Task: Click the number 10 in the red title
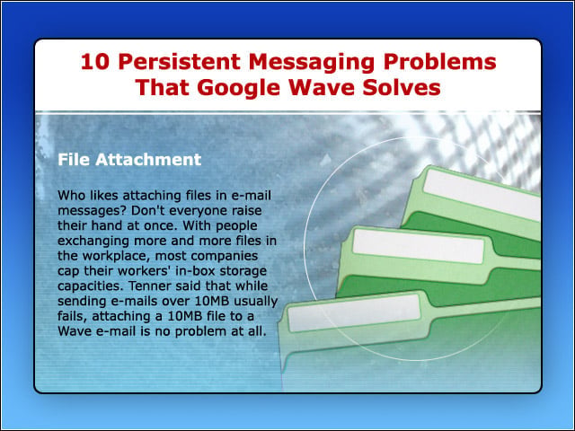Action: pos(95,61)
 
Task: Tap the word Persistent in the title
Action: pos(180,61)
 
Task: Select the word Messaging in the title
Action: pos(312,63)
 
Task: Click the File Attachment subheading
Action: pos(129,160)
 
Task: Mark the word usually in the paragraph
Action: pos(255,302)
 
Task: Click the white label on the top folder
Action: pos(482,196)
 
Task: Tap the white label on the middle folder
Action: pos(419,247)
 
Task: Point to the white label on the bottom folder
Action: pos(353,313)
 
